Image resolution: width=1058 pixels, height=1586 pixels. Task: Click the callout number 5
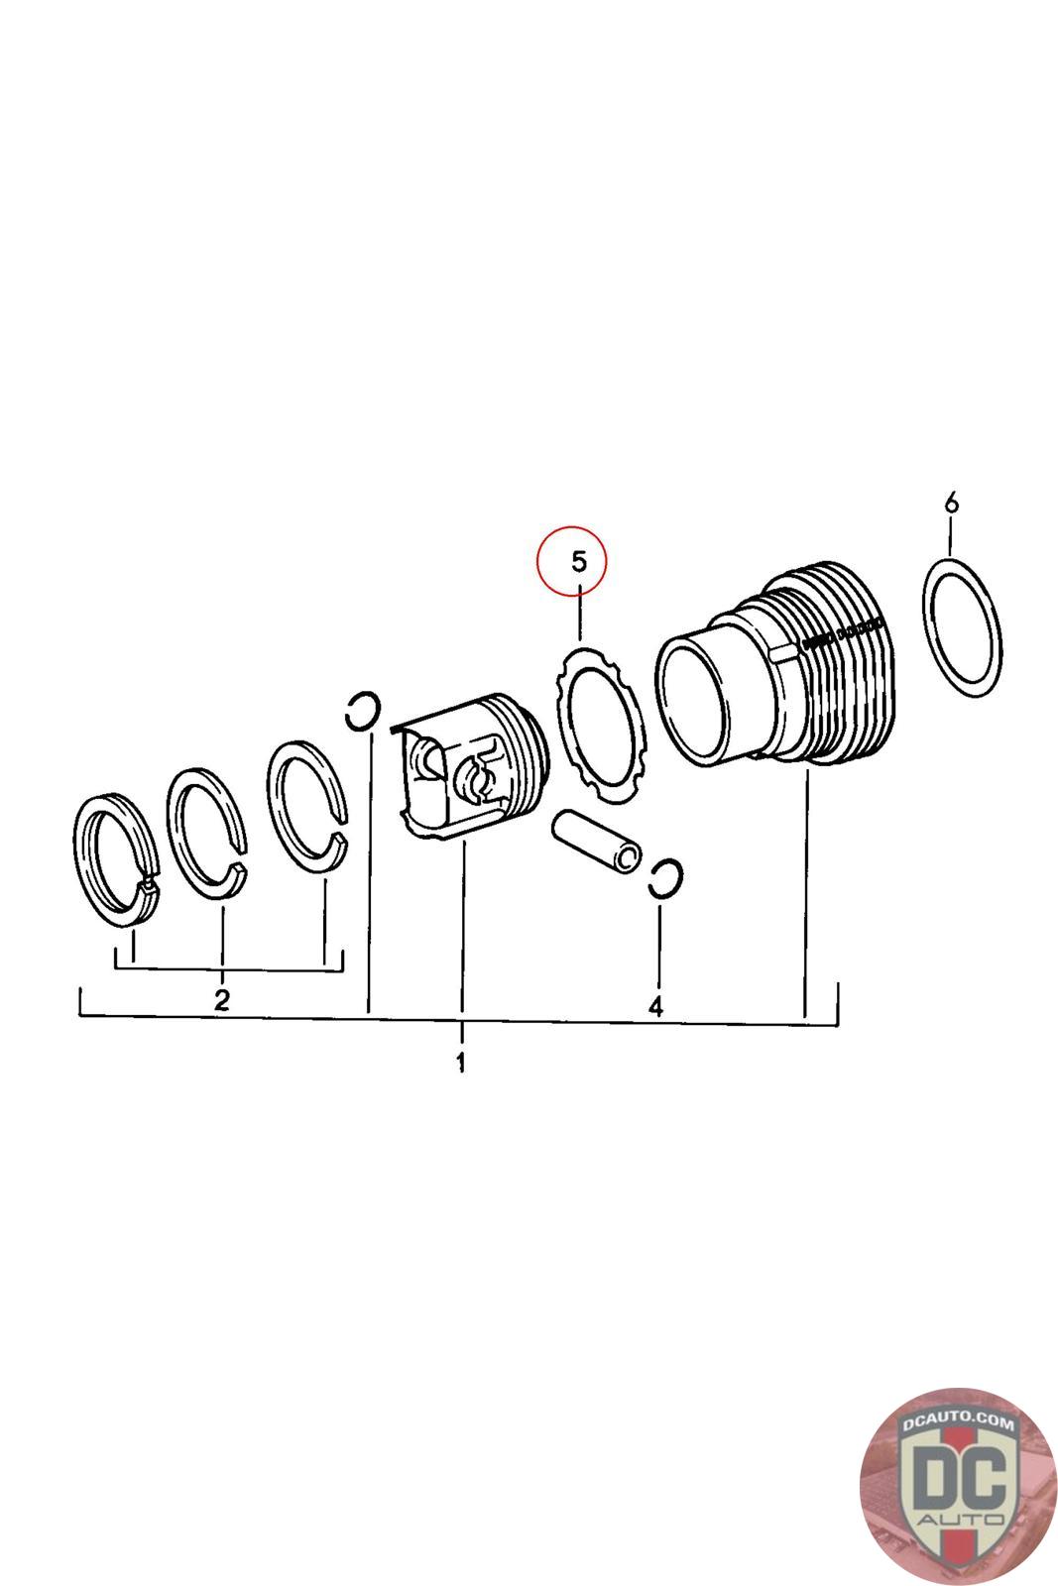[x=579, y=562]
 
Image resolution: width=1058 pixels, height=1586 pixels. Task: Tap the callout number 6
[x=951, y=505]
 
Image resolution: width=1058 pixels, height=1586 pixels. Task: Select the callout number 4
[x=654, y=1007]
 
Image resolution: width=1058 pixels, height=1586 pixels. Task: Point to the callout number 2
[x=222, y=998]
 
